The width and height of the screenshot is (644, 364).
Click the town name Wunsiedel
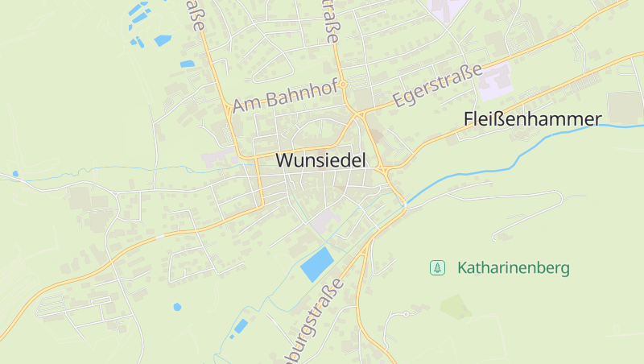pos(320,160)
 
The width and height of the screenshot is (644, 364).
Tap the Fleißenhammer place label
pos(532,119)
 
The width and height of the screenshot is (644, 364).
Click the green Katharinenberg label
pos(513,267)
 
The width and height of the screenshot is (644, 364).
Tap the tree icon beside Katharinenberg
pos(437,267)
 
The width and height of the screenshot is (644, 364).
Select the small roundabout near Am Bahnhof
pos(343,83)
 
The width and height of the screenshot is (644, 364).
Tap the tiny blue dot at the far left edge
pos(15,173)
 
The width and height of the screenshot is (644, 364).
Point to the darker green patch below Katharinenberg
pos(456,306)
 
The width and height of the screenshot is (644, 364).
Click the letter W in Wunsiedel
pos(283,160)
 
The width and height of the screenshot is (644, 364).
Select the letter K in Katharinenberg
pos(462,267)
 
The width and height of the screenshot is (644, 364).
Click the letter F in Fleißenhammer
pos(469,119)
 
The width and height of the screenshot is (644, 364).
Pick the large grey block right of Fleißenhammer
pos(624,107)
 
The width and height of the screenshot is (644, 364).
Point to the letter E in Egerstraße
pos(399,101)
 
